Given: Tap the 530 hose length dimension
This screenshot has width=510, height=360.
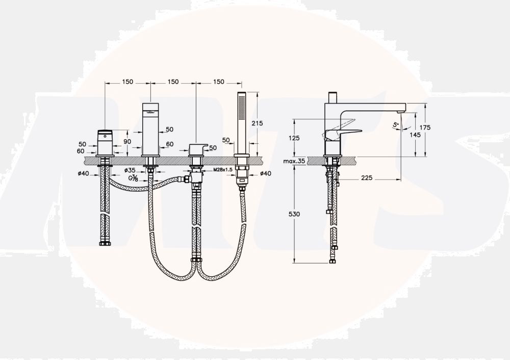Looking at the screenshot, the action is click(294, 214).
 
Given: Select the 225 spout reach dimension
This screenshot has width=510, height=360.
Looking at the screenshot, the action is click(367, 178).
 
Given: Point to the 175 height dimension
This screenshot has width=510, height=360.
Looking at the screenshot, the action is click(425, 127).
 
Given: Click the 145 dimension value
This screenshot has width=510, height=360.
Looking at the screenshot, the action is click(415, 134).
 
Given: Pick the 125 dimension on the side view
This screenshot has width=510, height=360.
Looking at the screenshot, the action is click(294, 138).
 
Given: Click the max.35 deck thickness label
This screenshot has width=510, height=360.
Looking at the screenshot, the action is click(294, 161).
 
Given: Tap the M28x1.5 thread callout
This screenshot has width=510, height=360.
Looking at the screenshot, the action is click(223, 170).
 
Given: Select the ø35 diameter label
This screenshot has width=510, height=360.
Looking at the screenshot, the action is click(130, 170).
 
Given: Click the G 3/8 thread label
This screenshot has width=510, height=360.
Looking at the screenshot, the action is click(133, 178).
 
